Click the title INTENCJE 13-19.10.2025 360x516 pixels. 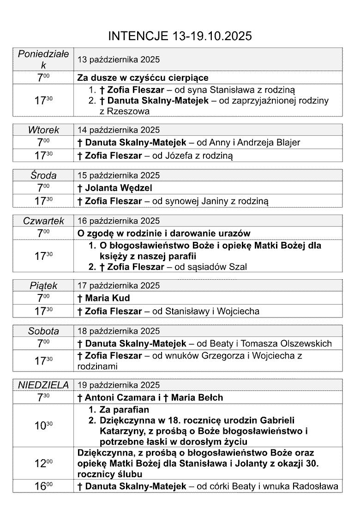coord(180,36)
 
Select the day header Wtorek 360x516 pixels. coord(43,130)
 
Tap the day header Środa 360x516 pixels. coord(43,175)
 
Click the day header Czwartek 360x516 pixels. coord(43,221)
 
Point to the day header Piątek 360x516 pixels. coord(43,286)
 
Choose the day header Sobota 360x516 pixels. coord(43,331)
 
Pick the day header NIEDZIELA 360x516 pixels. coord(43,385)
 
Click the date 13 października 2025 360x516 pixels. coord(119,60)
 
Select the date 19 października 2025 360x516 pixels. coord(119,385)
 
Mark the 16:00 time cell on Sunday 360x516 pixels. coord(43,486)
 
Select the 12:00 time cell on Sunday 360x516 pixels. coord(43,462)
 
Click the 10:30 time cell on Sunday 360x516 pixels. coord(43,426)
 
